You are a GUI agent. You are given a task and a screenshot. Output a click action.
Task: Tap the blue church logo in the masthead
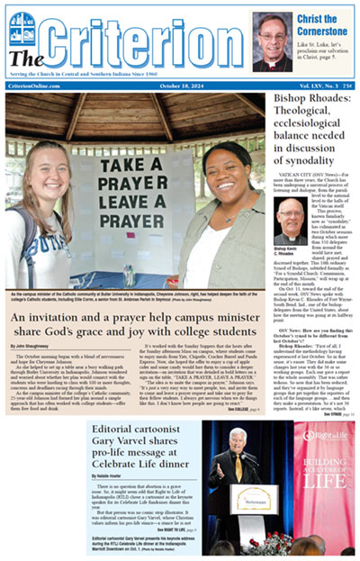[x=22, y=31]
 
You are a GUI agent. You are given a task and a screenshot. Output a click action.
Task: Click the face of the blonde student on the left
[x=43, y=168]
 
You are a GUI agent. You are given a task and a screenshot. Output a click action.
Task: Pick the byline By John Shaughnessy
[x=32, y=345]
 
